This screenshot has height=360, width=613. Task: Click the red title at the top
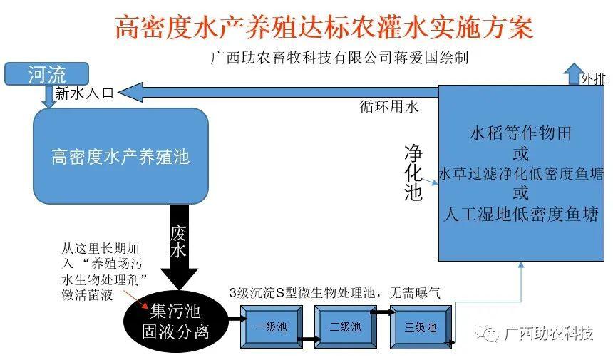(x=324, y=27)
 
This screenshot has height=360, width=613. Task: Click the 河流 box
(x=46, y=73)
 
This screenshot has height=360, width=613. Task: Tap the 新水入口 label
(x=84, y=93)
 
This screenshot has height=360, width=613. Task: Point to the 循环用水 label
(x=389, y=108)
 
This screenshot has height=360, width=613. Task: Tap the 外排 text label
(x=593, y=78)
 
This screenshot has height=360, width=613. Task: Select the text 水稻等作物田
(x=520, y=133)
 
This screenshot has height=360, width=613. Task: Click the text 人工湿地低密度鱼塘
(x=520, y=213)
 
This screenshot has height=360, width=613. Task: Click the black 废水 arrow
(x=180, y=246)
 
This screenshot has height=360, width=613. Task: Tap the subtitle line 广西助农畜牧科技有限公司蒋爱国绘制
(x=339, y=58)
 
